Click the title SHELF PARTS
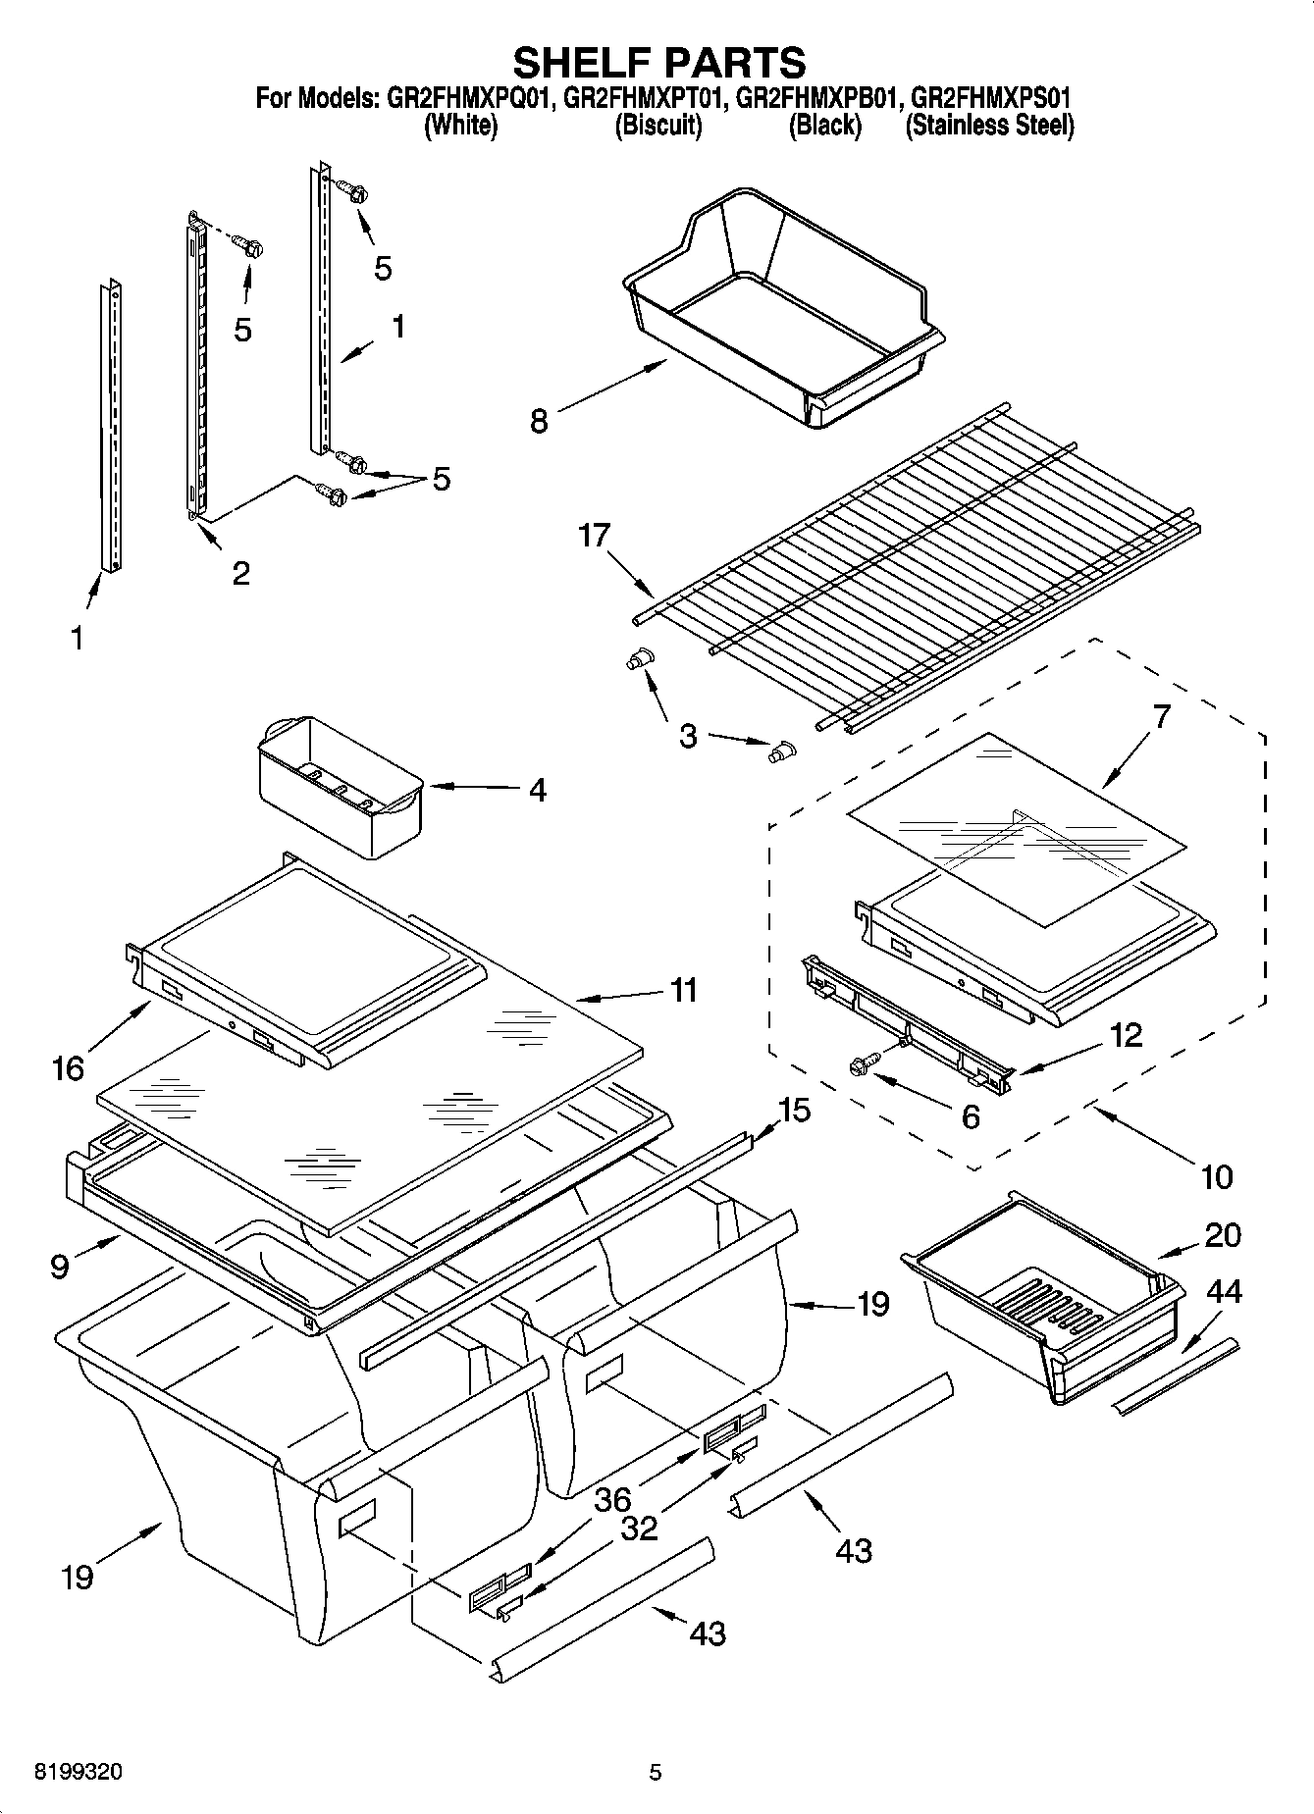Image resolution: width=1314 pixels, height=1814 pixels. coord(659,62)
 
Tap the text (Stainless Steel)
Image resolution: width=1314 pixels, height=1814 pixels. coord(989,126)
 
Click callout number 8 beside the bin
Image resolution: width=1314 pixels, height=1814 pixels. coord(539,421)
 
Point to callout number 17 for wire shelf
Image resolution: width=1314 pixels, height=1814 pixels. coord(595,536)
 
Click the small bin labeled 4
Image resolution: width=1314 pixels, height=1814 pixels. coord(339,785)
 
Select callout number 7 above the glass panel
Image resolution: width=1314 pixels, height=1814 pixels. coord(1161,717)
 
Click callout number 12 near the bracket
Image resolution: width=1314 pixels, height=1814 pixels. coord(1127,1035)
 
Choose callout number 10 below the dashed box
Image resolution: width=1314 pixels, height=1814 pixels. coord(1217,1176)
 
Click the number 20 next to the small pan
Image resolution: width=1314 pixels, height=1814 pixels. coord(1223,1235)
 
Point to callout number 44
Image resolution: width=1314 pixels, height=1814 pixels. coord(1223,1292)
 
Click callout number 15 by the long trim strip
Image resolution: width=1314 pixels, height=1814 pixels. coord(794,1111)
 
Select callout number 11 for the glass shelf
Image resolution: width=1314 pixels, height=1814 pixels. coord(683,990)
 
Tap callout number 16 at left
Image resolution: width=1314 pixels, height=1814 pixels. coord(69,1067)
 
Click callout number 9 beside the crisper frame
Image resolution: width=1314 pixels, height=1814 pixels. coord(60,1267)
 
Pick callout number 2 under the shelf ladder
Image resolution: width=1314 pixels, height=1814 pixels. coord(240,572)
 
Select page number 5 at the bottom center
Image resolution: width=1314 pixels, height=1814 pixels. coord(656,1773)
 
